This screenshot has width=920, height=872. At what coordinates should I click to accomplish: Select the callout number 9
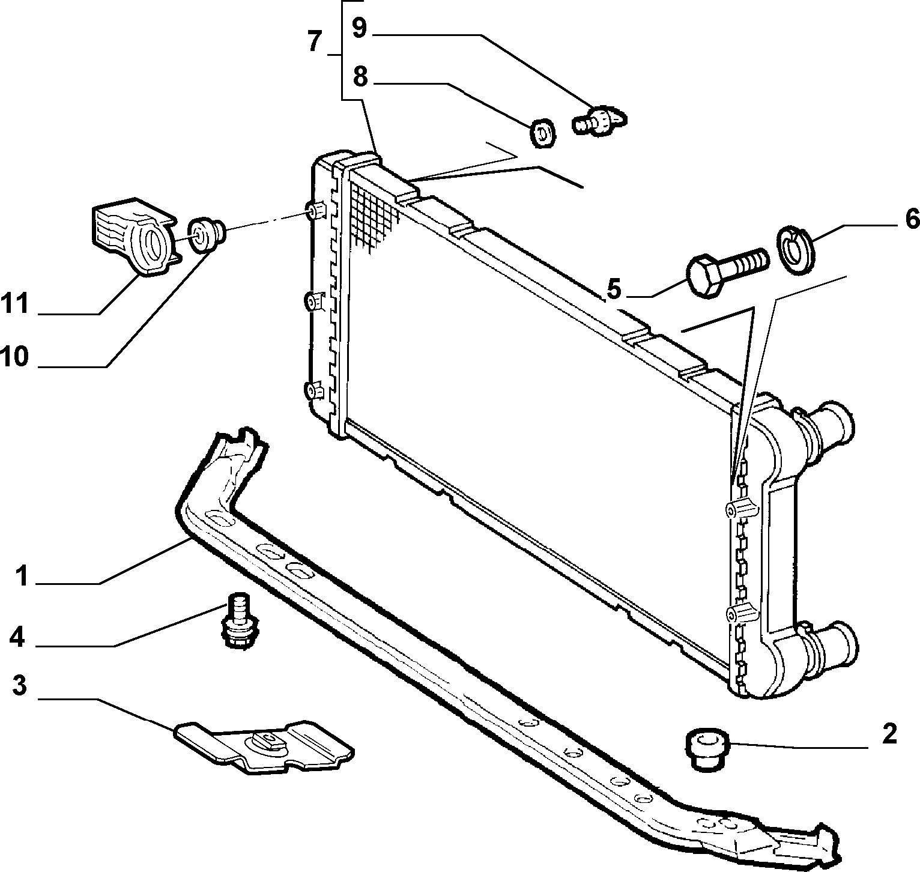coord(359,28)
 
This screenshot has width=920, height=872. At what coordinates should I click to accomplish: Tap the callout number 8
coord(359,77)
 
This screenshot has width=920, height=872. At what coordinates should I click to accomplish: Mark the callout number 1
coord(22,577)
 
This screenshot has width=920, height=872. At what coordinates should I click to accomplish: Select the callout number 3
coord(20,685)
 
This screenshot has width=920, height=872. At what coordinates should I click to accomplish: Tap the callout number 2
coord(889,733)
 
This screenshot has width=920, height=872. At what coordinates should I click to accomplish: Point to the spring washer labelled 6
coord(796,249)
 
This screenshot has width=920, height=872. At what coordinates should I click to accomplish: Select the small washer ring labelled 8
coord(542,133)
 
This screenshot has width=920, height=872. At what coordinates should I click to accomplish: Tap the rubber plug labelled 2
coord(707,749)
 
